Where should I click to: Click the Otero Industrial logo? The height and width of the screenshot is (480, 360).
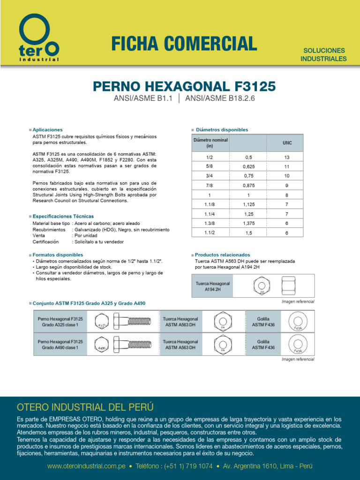point(39,38)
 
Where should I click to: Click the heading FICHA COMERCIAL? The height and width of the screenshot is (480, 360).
point(184,44)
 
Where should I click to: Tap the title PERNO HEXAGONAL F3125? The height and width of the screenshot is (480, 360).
point(184,87)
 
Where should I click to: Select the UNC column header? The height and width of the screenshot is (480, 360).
point(287,143)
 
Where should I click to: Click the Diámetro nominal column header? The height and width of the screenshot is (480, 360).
point(210,143)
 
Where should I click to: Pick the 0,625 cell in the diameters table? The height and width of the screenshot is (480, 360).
point(248,166)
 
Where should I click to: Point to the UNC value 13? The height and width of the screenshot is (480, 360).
point(287,157)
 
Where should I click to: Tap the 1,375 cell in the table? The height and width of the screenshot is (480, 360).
point(248,223)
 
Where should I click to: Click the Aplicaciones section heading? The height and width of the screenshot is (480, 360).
point(47,129)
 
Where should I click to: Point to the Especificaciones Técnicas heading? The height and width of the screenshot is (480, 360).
point(63,216)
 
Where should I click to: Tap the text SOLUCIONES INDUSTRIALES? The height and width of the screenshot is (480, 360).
point(323,54)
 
